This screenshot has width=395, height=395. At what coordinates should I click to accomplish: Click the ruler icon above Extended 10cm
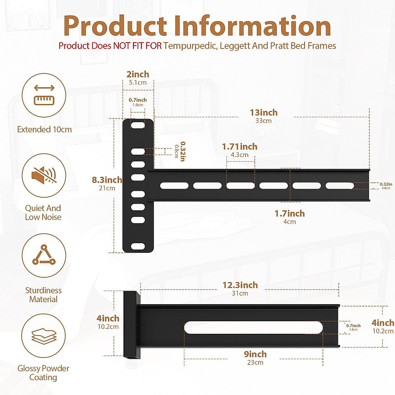[x=44, y=95]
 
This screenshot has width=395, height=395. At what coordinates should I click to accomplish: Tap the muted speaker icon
[x=44, y=175]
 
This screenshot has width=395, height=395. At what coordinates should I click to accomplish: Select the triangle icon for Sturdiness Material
[x=44, y=255]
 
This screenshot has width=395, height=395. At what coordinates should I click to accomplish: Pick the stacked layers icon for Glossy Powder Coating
[x=44, y=336]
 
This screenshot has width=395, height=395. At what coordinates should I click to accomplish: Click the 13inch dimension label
[x=264, y=113]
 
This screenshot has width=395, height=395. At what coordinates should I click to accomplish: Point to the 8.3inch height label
[x=107, y=180]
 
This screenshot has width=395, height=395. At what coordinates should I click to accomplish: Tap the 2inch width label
[x=138, y=74]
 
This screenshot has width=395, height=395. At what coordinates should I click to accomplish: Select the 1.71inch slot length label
[x=240, y=146]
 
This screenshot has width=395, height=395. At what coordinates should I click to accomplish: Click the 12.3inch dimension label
[x=240, y=285]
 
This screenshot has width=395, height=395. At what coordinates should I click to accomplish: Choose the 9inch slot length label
[x=255, y=354]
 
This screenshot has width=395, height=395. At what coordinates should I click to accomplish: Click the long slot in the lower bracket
[x=253, y=328]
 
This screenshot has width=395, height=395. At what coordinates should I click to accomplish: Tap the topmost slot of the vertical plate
[x=138, y=125]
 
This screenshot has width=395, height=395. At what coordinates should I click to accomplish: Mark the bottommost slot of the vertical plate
[x=138, y=246]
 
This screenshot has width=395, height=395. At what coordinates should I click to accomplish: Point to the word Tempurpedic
[x=190, y=46]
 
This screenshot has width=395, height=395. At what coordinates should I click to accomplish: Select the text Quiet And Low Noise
[x=43, y=213]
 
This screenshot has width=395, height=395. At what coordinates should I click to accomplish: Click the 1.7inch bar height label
[x=290, y=214]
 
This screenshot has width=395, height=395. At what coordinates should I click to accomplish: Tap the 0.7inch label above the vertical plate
[x=138, y=100]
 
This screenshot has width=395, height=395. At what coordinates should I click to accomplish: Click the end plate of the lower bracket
[x=132, y=324]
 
